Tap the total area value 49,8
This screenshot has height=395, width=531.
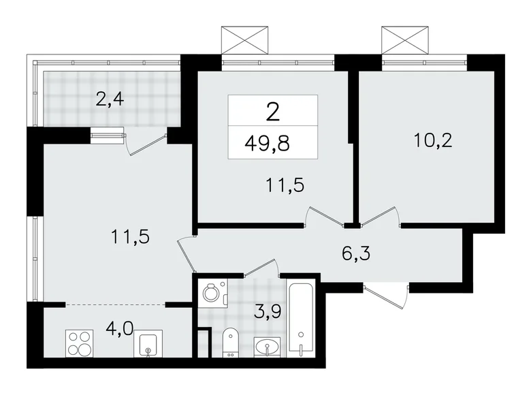pyautogui.click(x=272, y=143)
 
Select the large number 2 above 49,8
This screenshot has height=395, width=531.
pyautogui.click(x=272, y=111)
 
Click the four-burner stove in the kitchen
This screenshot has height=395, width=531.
pyautogui.click(x=80, y=343)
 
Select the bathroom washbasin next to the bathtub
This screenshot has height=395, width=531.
pyautogui.click(x=268, y=347)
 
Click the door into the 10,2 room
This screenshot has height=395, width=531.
pyautogui.click(x=379, y=215)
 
